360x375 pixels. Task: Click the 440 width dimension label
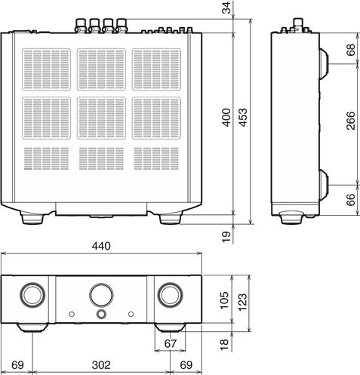point(101,246)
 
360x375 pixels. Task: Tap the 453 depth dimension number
point(243,118)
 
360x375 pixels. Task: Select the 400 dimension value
point(226,118)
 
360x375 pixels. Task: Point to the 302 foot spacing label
point(101,365)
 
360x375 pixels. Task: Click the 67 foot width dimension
point(171,343)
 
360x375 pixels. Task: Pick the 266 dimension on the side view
point(350,121)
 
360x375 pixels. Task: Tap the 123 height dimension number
point(243,302)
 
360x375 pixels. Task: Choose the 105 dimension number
point(224,300)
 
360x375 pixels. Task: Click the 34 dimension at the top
point(227,8)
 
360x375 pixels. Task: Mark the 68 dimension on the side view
point(350,50)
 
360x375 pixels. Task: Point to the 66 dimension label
point(350,200)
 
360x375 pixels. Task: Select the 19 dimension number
point(226,237)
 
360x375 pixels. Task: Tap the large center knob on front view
point(101,295)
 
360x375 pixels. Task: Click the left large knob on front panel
point(32,295)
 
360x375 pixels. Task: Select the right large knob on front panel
point(170,295)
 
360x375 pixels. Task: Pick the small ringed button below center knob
point(101,314)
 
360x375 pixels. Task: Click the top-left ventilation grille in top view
point(46,69)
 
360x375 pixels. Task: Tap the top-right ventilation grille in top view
point(156,69)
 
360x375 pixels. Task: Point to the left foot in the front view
point(32,327)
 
